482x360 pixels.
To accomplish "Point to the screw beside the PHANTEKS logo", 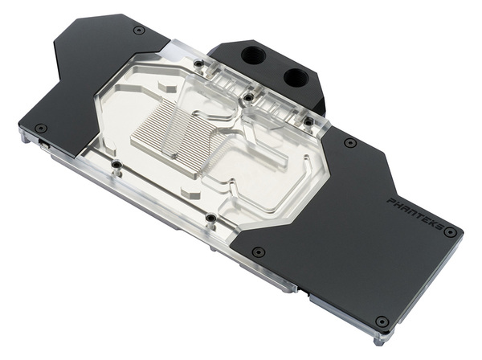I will click(x=450, y=233).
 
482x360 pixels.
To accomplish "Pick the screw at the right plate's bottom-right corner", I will click(x=382, y=321).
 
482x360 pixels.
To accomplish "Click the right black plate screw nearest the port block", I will click(x=350, y=142).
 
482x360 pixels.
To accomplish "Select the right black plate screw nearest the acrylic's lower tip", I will click(x=258, y=251).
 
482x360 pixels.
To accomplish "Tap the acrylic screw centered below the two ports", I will click(x=248, y=98).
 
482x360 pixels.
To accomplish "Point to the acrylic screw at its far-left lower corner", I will click(x=117, y=166).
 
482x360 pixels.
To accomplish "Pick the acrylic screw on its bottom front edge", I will click(x=210, y=218).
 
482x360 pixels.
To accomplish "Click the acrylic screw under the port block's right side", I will click(x=308, y=121).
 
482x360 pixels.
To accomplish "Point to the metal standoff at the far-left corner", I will click(x=23, y=137).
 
